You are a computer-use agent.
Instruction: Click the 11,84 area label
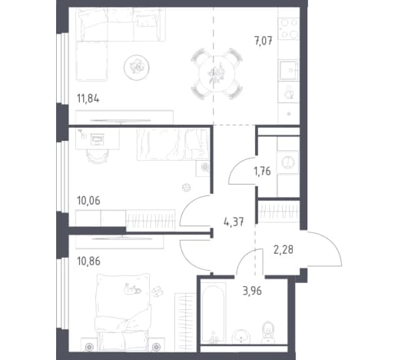coord(88,98)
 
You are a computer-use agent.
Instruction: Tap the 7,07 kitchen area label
coord(263,41)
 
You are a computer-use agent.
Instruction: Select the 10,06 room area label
coord(88,201)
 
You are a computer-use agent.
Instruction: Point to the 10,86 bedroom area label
coord(88,262)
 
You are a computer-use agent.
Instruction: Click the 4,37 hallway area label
coord(234,222)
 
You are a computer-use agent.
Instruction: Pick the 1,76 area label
coord(262,171)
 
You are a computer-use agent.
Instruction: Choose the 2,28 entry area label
coord(284,249)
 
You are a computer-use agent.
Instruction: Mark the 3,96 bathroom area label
coord(252,291)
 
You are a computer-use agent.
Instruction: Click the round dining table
coord(217,74)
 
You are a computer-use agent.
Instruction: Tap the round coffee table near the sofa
coord(137,68)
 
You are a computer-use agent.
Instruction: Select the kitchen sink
coord(289,70)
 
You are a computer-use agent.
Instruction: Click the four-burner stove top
coord(289,28)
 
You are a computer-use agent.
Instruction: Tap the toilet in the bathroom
coord(268,332)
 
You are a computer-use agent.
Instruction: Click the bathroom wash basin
coord(241,336)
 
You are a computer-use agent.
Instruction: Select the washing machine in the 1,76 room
coord(288,162)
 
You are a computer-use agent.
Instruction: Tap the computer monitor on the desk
coord(98,140)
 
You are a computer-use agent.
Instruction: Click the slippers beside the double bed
coord(158,292)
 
